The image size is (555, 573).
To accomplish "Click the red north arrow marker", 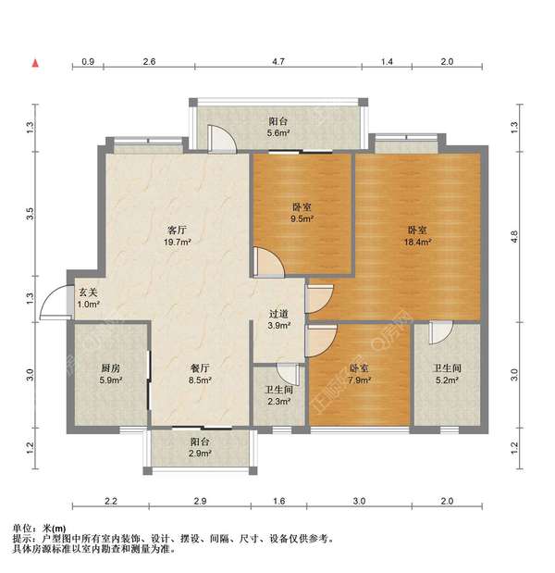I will tap(35, 63).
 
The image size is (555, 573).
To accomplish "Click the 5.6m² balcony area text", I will tap(278, 133).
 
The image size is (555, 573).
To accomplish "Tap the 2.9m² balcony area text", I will tap(200, 455).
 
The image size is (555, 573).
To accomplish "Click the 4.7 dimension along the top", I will tap(278, 61).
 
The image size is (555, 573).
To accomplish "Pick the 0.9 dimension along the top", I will tap(88, 61).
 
